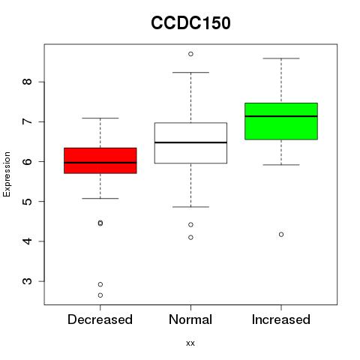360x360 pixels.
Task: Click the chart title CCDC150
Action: click(x=190, y=23)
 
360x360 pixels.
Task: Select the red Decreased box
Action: click(x=100, y=160)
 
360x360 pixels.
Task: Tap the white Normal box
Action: click(x=190, y=143)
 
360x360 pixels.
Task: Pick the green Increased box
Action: click(x=281, y=121)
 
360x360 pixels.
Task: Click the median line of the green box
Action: click(x=281, y=116)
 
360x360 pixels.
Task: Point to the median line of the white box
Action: click(x=190, y=142)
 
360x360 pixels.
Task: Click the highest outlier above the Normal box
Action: click(x=190, y=54)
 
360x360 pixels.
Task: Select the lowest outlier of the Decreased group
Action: click(x=100, y=295)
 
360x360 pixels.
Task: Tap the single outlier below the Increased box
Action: click(x=281, y=235)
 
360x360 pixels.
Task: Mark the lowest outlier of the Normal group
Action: click(x=190, y=238)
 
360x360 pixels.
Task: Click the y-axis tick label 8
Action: click(x=28, y=82)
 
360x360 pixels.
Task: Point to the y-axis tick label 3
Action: click(x=28, y=281)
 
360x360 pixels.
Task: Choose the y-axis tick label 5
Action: click(x=28, y=202)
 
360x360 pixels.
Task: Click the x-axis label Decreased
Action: click(x=100, y=319)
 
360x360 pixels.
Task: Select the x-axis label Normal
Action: click(x=190, y=319)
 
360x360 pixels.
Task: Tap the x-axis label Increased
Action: click(x=281, y=319)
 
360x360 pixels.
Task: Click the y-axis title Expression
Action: click(x=7, y=174)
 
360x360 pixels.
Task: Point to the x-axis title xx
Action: click(x=190, y=343)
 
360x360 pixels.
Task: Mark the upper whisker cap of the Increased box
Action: click(x=281, y=58)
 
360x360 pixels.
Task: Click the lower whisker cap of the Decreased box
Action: click(x=100, y=199)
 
